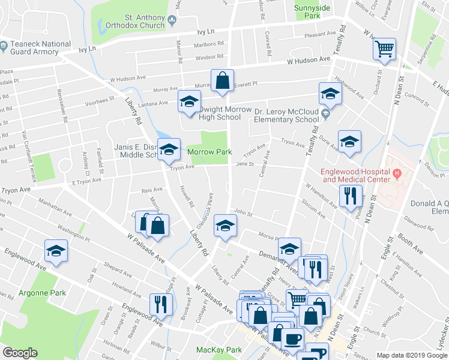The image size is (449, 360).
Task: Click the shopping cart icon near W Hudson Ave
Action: pos(384,49)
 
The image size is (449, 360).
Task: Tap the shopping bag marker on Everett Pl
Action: pos(222,80)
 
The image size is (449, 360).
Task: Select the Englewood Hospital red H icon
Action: pos(396,174)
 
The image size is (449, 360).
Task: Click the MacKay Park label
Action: pos(219,350)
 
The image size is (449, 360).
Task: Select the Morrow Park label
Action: pos(209,152)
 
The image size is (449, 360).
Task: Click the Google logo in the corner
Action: pos(20,353)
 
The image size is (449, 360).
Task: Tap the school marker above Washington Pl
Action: pos(56,251)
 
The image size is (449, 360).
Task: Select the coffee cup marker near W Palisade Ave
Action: pos(292,338)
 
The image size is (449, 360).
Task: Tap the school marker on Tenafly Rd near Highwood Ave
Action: pos(330,93)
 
